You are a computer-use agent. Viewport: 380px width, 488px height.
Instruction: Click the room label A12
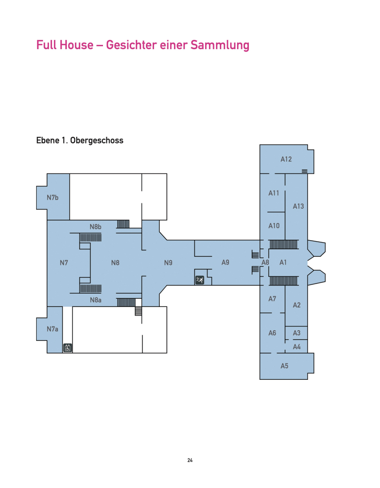(286, 159)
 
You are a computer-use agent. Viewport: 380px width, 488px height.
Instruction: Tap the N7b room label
(52, 198)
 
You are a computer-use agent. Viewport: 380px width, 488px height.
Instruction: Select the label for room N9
(168, 263)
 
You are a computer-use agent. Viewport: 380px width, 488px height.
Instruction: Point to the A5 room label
(284, 366)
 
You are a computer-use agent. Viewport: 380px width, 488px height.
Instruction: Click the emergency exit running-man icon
(200, 280)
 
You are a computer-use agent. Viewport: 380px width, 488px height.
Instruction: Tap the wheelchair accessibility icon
(68, 347)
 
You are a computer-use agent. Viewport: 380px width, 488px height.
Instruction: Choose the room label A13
(298, 206)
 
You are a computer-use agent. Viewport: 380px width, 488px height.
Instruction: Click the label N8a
(96, 300)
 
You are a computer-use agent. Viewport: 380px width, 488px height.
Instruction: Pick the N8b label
(96, 227)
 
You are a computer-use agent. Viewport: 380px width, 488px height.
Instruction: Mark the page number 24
(190, 460)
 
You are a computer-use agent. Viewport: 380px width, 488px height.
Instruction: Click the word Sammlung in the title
(220, 45)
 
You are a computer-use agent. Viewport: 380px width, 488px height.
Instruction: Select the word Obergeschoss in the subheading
(97, 141)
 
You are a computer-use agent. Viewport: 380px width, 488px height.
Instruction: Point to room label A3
(297, 333)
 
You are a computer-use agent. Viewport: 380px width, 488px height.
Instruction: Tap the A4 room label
(297, 347)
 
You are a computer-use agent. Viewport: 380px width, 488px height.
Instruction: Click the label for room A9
(225, 263)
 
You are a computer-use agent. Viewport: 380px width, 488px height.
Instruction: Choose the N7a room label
(52, 329)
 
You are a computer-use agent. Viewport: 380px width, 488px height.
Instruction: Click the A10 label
(274, 226)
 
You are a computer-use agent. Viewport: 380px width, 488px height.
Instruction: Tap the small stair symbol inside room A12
(304, 171)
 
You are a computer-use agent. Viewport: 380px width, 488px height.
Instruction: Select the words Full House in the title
(65, 45)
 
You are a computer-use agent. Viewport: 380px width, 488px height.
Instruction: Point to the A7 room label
(272, 299)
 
